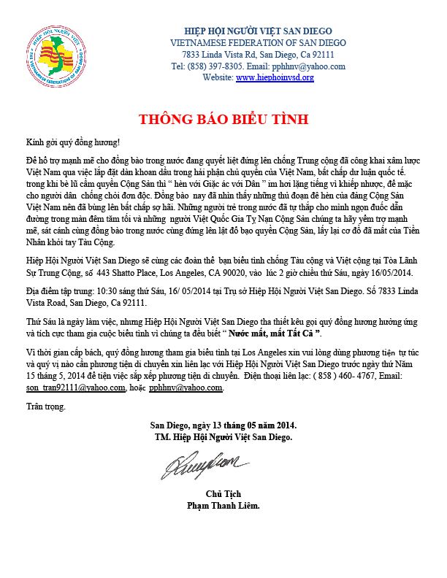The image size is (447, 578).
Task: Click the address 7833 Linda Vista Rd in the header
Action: point(218,54)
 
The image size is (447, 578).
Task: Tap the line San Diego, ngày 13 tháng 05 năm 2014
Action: point(223,425)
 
